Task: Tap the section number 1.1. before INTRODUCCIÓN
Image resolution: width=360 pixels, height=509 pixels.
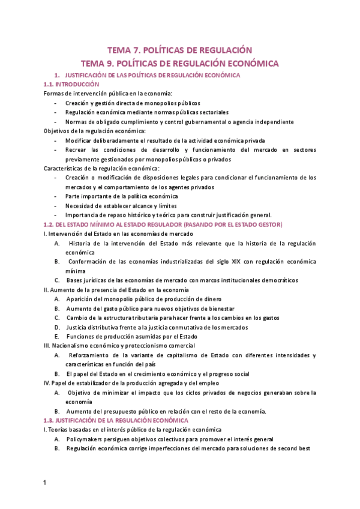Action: click(51, 85)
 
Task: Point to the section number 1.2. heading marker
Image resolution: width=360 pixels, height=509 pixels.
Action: click(51, 224)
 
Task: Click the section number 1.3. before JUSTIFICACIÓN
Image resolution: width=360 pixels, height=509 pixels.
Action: click(51, 420)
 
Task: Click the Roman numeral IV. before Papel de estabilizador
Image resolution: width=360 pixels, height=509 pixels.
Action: click(48, 382)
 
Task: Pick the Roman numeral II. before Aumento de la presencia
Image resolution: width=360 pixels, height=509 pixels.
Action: click(47, 289)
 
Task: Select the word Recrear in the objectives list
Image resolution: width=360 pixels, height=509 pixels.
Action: click(77, 149)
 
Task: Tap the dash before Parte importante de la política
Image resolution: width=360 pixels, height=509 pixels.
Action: click(56, 196)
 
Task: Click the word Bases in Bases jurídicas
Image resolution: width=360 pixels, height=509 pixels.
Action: click(76, 280)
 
